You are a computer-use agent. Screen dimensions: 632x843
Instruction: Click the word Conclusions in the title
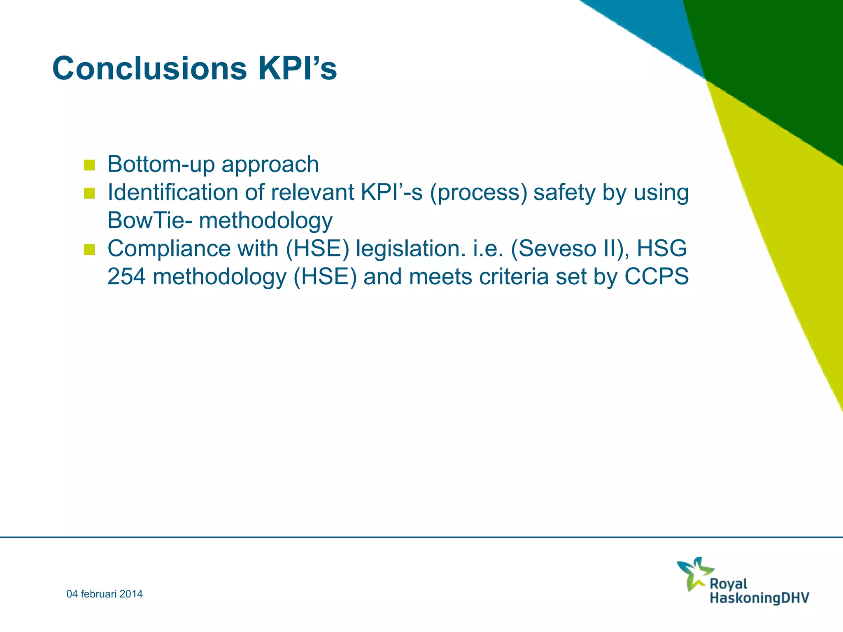point(149,68)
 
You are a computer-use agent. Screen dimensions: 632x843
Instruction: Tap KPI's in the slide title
point(297,68)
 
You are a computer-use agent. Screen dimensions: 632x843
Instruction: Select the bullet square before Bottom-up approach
point(89,165)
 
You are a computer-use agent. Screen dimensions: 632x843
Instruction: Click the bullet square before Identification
point(89,193)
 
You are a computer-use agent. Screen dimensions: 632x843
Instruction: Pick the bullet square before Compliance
point(89,250)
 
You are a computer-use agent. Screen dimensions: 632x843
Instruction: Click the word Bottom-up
point(161,164)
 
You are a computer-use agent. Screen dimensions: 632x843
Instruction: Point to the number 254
point(126,276)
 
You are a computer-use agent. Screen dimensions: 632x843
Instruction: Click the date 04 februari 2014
point(105,594)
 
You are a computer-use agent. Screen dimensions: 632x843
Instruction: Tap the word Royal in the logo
point(728,584)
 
